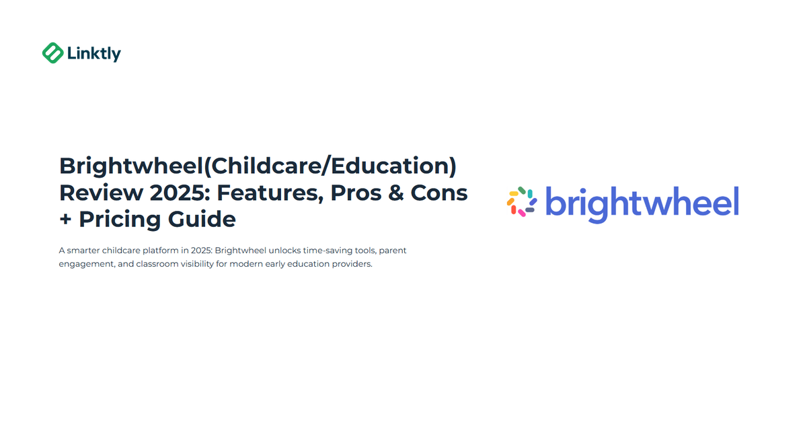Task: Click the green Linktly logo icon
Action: pyautogui.click(x=52, y=53)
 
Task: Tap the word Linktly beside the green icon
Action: pyautogui.click(x=94, y=53)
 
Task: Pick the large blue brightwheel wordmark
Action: pyautogui.click(x=642, y=202)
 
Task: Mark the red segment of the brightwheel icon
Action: pyautogui.click(x=513, y=209)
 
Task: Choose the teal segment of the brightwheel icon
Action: pyautogui.click(x=530, y=193)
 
